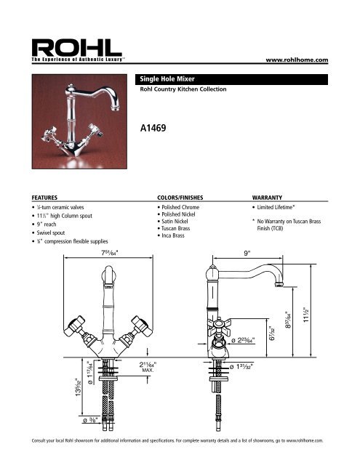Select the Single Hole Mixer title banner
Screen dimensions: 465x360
169,77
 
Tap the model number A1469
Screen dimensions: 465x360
156,127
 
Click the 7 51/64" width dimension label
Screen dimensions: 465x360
111,254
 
